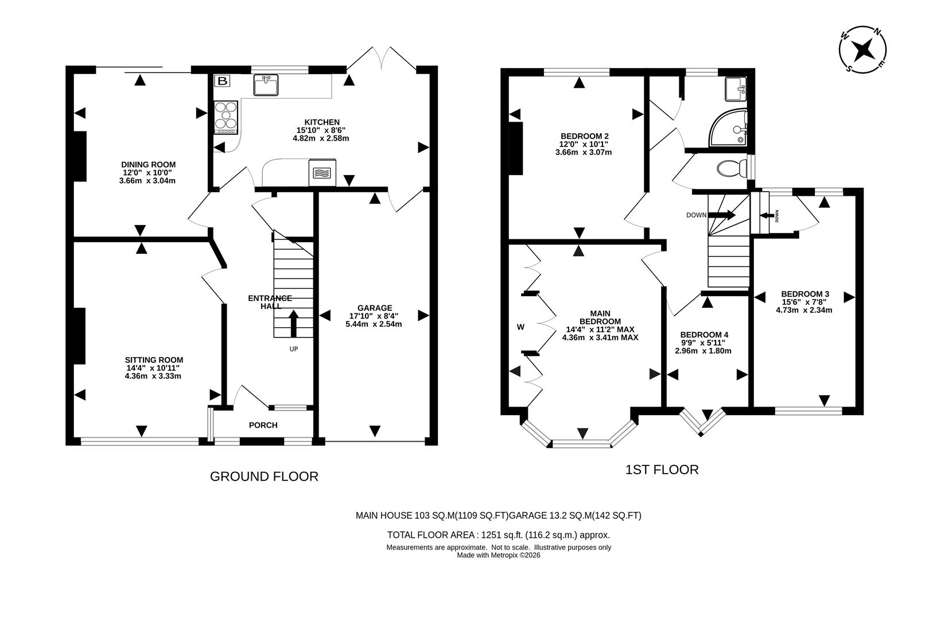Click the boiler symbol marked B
coord(223,81)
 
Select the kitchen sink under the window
coord(266,85)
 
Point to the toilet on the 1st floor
coord(731,169)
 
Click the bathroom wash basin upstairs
coord(734,89)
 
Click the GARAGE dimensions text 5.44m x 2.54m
coord(374,324)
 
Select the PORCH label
coord(263,425)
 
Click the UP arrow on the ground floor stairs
coord(293,323)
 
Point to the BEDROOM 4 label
coord(704,335)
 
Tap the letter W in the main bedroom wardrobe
coord(520,327)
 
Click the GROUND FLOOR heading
coord(264,476)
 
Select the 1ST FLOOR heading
coord(662,470)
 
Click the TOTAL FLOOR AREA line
coord(498,535)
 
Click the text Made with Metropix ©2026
coord(498,555)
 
